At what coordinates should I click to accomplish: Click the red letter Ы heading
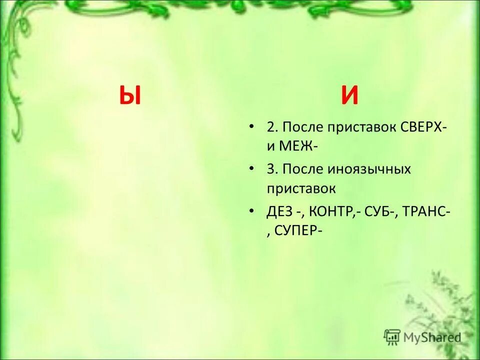point(130,95)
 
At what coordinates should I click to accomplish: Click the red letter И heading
point(349,95)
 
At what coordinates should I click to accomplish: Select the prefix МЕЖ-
point(297,147)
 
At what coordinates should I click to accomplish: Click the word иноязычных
point(369,169)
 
